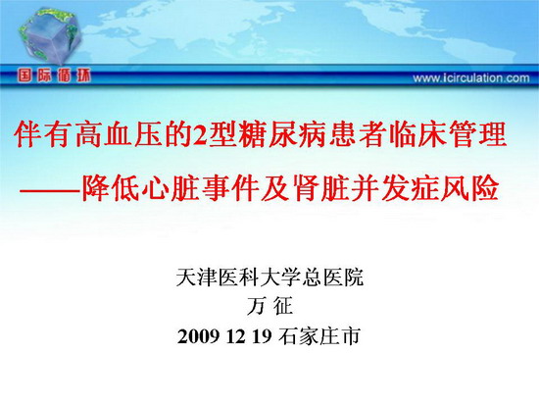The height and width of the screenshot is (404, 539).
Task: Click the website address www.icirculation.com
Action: click(x=471, y=78)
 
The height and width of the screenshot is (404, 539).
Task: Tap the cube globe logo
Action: click(x=50, y=35)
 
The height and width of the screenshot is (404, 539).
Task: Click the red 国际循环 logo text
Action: click(x=54, y=76)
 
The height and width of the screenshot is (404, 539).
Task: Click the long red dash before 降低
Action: click(x=50, y=190)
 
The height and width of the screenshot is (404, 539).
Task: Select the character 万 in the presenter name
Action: click(x=257, y=306)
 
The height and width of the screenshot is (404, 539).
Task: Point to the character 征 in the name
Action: click(x=282, y=306)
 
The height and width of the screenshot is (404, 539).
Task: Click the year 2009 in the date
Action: click(x=198, y=336)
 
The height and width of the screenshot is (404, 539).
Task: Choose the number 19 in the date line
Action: click(x=262, y=336)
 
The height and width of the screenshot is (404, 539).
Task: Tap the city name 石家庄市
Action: click(x=319, y=336)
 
